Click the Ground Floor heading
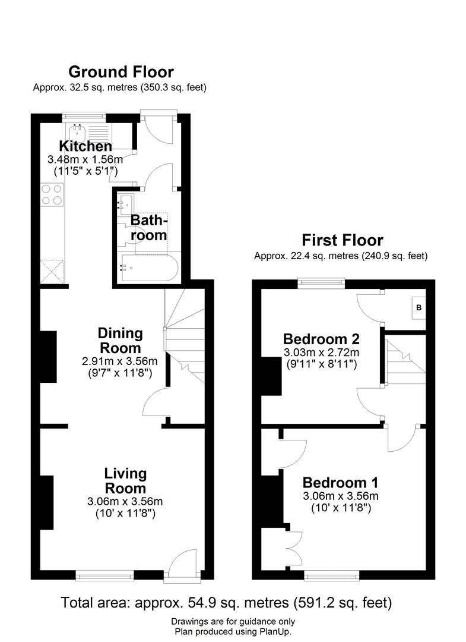tap(121, 72)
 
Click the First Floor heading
tap(343, 240)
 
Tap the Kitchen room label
tap(85, 146)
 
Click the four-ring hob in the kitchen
tap(51, 194)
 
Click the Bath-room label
tap(149, 227)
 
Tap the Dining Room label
tap(121, 341)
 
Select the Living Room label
tap(125, 481)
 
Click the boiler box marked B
tap(419, 308)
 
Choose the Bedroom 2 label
tap(321, 339)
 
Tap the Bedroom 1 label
tap(340, 482)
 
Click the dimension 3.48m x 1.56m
tap(85, 159)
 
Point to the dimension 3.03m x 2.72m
tap(321, 353)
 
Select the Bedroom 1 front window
tap(331, 574)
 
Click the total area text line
tap(227, 602)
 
